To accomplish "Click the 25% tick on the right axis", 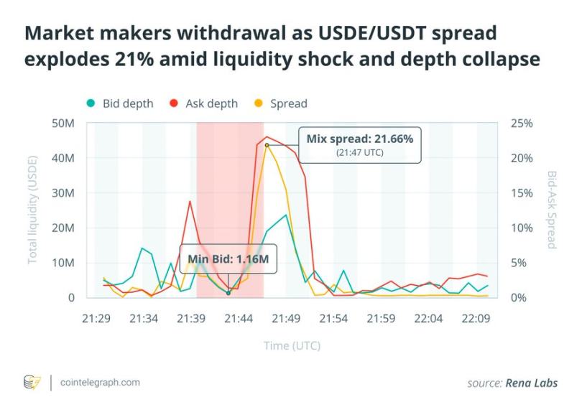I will (x=521, y=123).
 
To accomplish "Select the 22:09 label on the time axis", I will (x=476, y=317).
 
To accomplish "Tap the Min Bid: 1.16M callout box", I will (x=228, y=259).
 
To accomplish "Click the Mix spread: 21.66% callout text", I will (x=359, y=139).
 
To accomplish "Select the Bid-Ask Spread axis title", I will (x=551, y=210).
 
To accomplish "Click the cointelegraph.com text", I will (x=100, y=383).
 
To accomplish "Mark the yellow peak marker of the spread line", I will (x=267, y=145).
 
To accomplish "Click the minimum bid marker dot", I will (x=228, y=293).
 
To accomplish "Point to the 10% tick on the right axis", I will (x=521, y=228).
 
